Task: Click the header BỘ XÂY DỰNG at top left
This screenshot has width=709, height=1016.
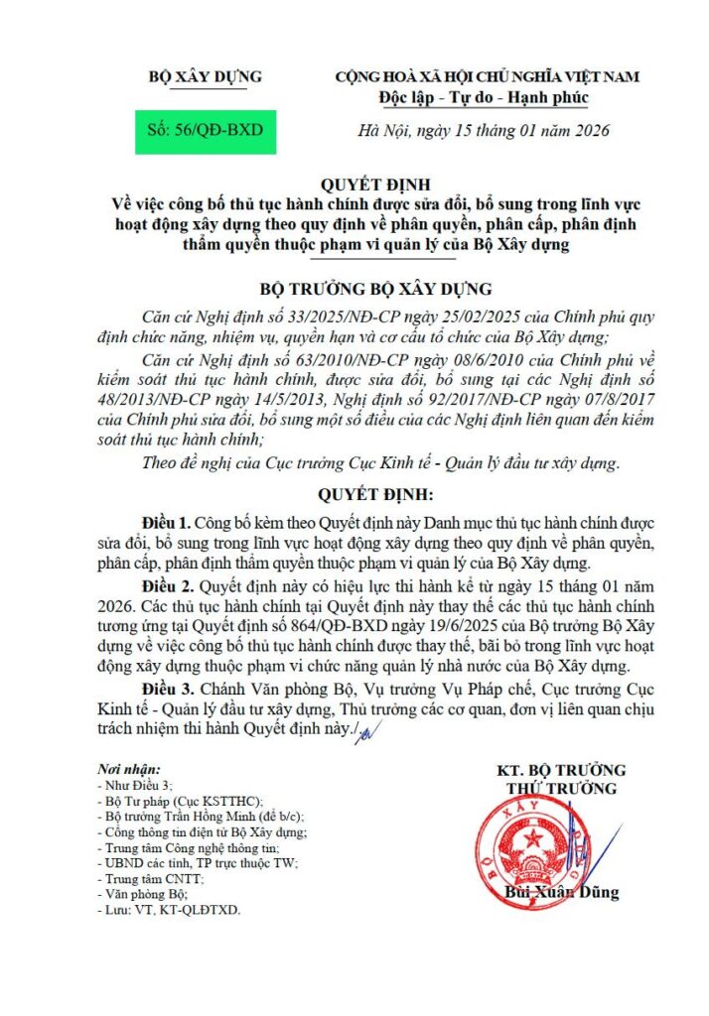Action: click(205, 76)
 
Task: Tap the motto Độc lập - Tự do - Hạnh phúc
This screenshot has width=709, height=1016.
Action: click(484, 97)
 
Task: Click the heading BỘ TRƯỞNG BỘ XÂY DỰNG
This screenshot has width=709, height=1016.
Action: click(375, 290)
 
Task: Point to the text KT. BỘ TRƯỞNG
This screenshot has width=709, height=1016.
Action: click(561, 771)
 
